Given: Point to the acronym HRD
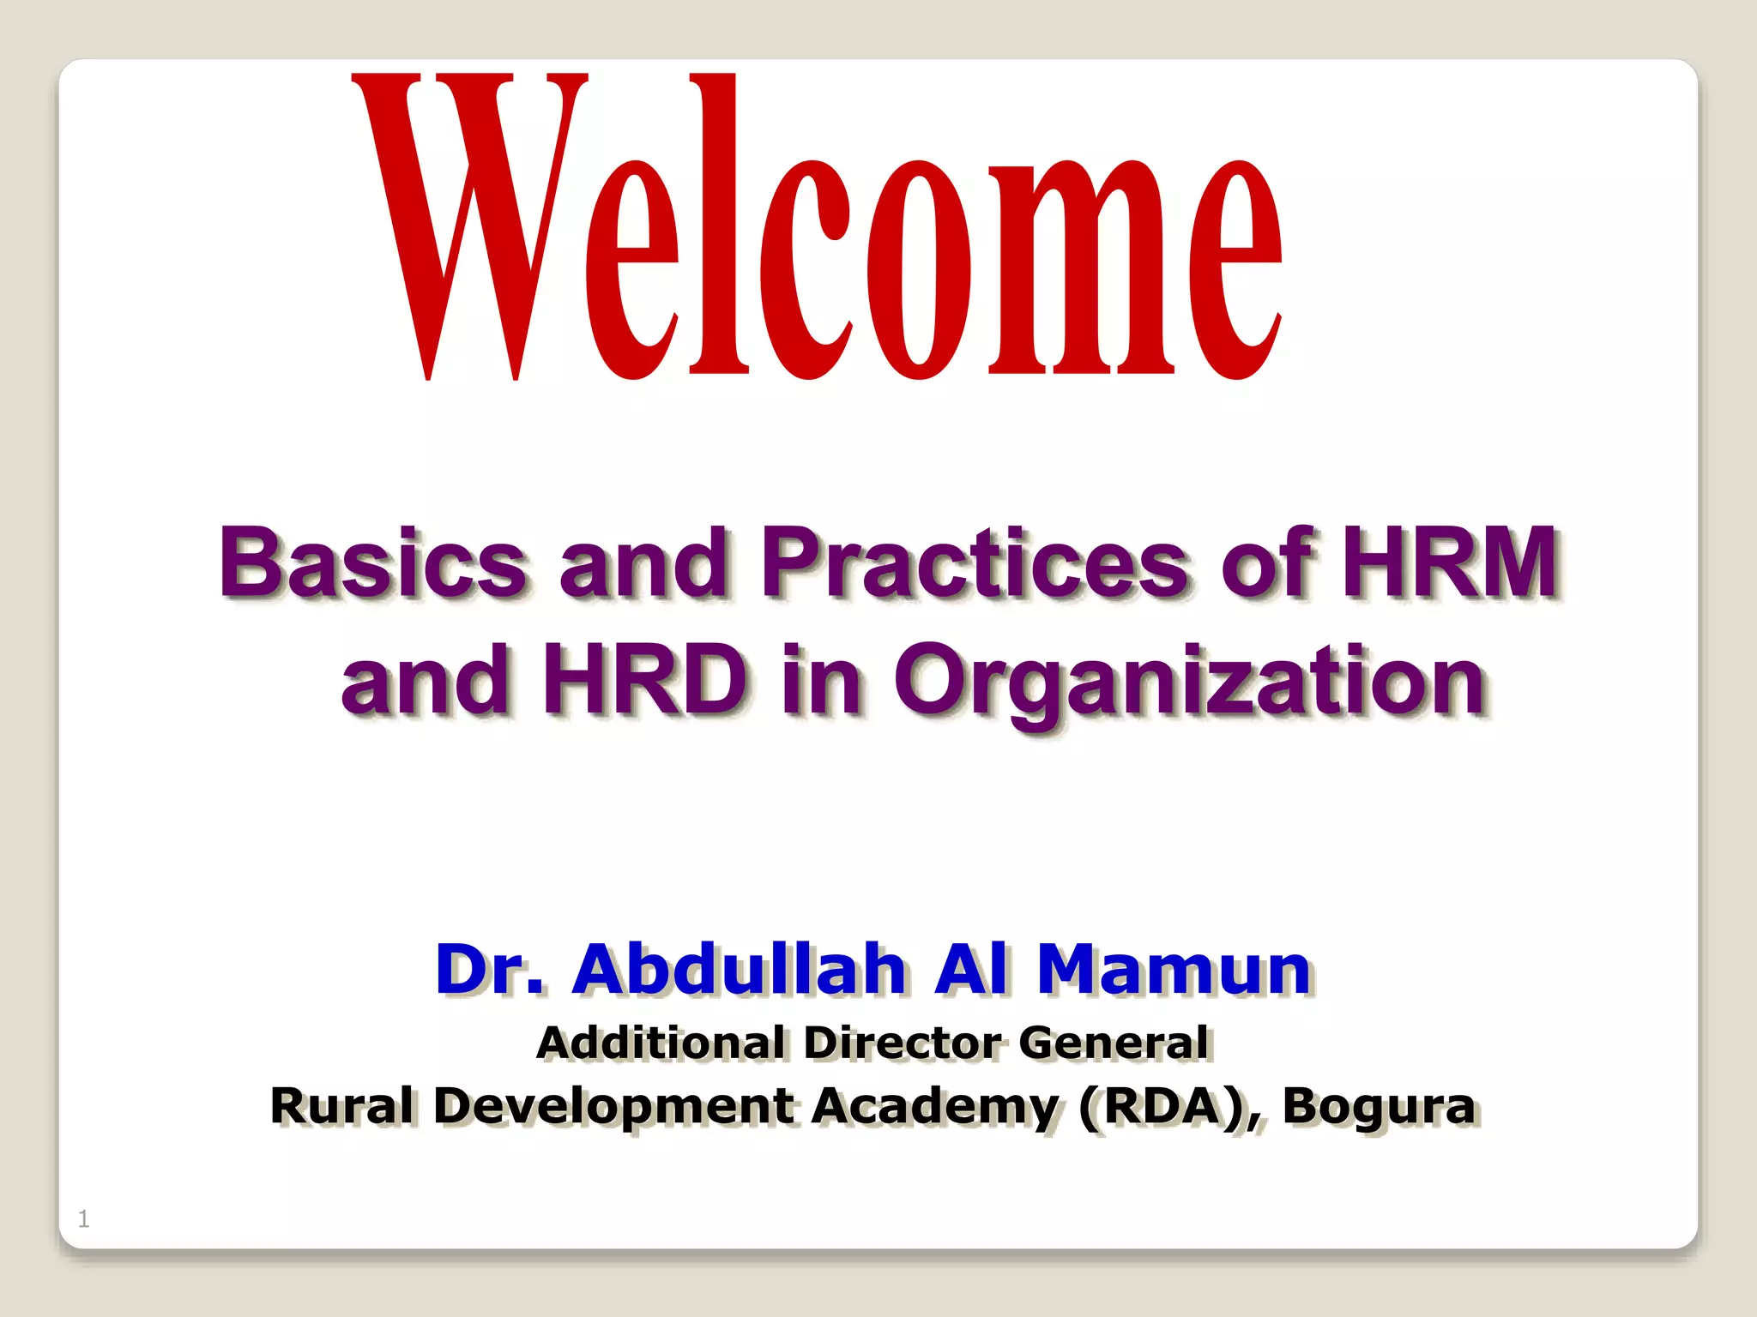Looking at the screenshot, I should (x=645, y=679).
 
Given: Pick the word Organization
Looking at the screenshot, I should (x=1191, y=683).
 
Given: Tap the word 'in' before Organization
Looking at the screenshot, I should (x=821, y=679).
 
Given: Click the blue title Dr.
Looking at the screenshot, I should (x=489, y=969).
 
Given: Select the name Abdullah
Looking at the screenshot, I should (x=740, y=969).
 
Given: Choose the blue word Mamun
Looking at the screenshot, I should (x=1174, y=969).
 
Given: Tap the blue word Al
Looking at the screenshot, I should (x=971, y=969).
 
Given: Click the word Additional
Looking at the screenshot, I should (x=661, y=1043).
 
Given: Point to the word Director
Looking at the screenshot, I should (x=903, y=1043).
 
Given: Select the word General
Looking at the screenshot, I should (x=1114, y=1043).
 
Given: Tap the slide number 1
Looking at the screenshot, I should (x=83, y=1218).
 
